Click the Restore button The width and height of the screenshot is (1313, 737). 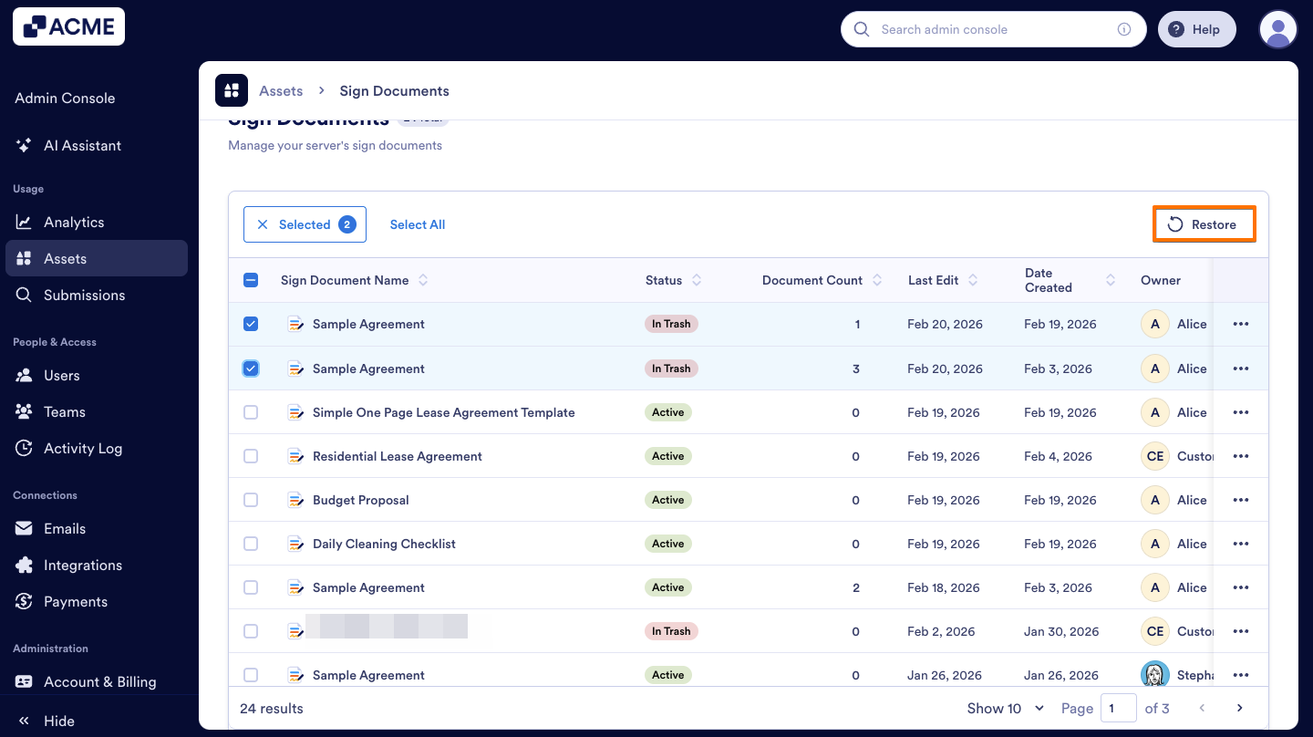point(1204,224)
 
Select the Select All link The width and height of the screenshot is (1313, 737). point(418,224)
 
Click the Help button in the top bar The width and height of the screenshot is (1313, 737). point(1196,29)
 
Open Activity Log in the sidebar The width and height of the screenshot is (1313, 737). point(83,448)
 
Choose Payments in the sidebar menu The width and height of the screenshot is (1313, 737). point(76,601)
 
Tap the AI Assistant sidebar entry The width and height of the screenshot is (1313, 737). point(82,145)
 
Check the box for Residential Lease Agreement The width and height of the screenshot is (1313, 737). point(251,456)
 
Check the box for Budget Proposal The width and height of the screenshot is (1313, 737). point(251,500)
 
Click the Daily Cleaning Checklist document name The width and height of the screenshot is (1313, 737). point(384,544)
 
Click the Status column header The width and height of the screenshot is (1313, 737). point(664,280)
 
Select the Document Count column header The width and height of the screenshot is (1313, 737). point(812,280)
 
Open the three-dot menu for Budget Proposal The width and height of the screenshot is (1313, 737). point(1240,500)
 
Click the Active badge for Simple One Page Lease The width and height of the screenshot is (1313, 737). point(667,412)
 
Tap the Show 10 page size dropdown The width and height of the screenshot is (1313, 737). point(1006,708)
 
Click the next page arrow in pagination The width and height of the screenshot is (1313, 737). point(1239,708)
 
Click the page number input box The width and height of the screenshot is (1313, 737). point(1118,708)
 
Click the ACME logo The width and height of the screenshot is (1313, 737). point(68,26)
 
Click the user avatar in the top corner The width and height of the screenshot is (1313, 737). point(1277,29)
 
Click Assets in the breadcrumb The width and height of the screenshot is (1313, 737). point(281,91)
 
